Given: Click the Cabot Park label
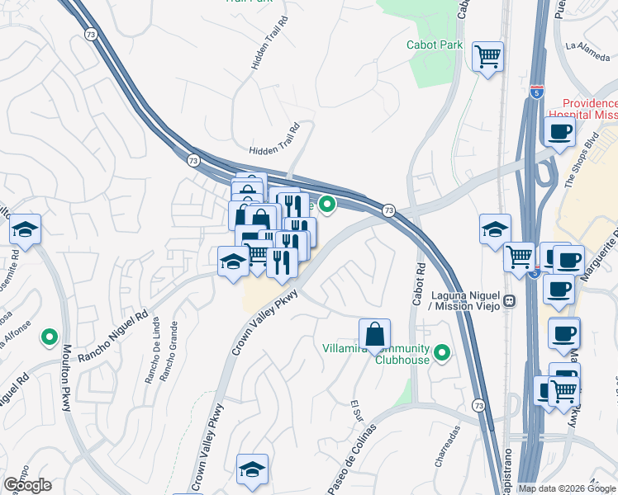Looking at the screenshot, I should pos(435,45).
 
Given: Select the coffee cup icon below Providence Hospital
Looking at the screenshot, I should pos(559,131).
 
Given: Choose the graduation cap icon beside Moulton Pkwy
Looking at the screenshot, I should pos(26,231).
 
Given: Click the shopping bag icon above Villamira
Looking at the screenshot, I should pos(374,334).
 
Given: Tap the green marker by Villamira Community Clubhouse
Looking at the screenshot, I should pos(442,354).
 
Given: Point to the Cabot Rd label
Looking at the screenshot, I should pos(420,281).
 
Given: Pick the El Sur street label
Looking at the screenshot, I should pos(357,410).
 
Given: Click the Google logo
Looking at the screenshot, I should pos(27,485).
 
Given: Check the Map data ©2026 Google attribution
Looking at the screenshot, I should pos(567,488).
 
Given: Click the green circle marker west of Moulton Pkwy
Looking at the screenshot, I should pos(50,337).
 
